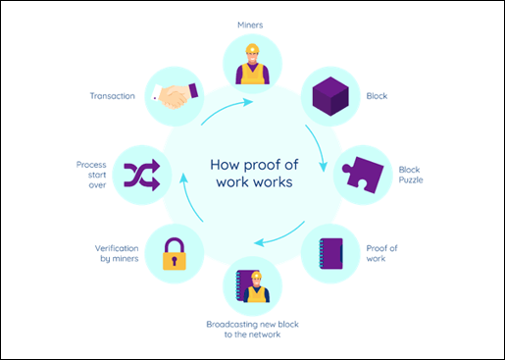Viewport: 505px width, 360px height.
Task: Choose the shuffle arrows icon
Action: [x=143, y=175]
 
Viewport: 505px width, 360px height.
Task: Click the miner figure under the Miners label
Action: [x=253, y=65]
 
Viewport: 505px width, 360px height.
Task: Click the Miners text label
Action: [x=253, y=23]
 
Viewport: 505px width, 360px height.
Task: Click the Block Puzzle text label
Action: [x=410, y=175]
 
